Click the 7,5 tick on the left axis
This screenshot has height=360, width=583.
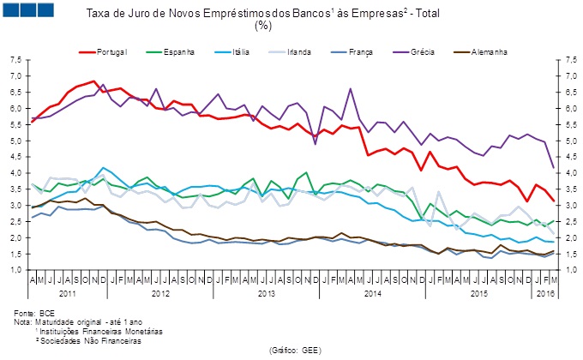click(x=15, y=60)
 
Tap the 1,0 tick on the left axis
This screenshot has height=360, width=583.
click(x=15, y=270)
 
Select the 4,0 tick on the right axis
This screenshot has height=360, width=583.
click(x=566, y=173)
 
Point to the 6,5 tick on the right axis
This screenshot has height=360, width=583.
click(x=566, y=93)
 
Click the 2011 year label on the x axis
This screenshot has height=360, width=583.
click(x=67, y=293)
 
